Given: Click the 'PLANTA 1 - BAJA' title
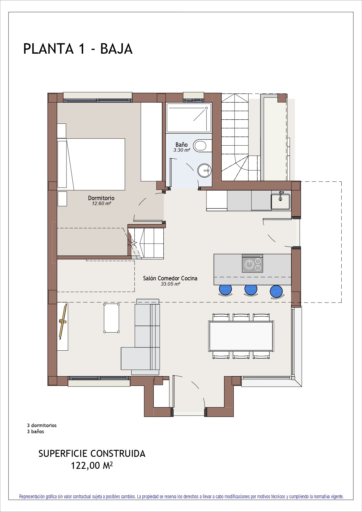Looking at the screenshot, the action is pyautogui.click(x=78, y=49).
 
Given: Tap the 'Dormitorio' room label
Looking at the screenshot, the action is pyautogui.click(x=101, y=198).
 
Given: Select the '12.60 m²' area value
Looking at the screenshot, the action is pyautogui.click(x=102, y=204).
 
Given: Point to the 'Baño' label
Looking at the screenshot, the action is pyautogui.click(x=181, y=145).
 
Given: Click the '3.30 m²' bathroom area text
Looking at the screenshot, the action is pyautogui.click(x=182, y=150).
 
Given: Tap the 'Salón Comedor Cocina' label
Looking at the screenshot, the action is pyautogui.click(x=170, y=278).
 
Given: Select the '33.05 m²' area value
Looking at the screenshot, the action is pyautogui.click(x=170, y=284).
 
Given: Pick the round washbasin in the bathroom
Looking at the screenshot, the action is pyautogui.click(x=204, y=170).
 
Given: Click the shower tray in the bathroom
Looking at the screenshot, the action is pyautogui.click(x=189, y=118).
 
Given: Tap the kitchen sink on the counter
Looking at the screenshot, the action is pyautogui.click(x=281, y=201).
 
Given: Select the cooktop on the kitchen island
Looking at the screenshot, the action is pyautogui.click(x=252, y=263).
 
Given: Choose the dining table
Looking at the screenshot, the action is pyautogui.click(x=241, y=336).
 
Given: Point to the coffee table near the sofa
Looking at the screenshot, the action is pyautogui.click(x=111, y=318).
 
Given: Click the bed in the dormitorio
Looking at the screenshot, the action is pyautogui.click(x=91, y=164).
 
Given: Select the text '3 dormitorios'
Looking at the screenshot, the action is pyautogui.click(x=42, y=425).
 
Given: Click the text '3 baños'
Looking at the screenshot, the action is pyautogui.click(x=36, y=431).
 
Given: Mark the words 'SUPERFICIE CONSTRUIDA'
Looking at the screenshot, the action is pyautogui.click(x=92, y=454).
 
